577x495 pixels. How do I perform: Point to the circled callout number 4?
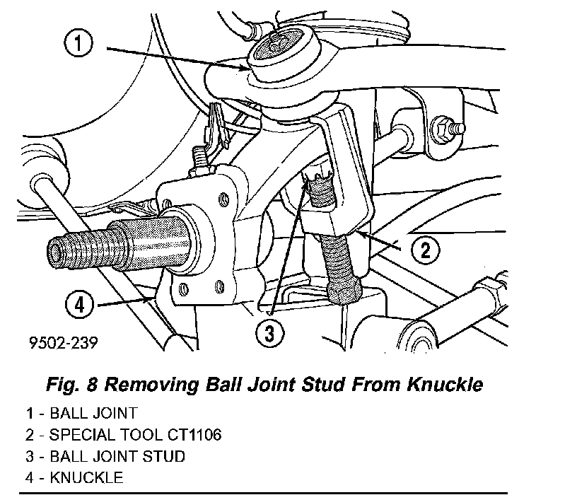click(79, 306)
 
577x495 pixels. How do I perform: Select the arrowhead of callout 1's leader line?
click(247, 69)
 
